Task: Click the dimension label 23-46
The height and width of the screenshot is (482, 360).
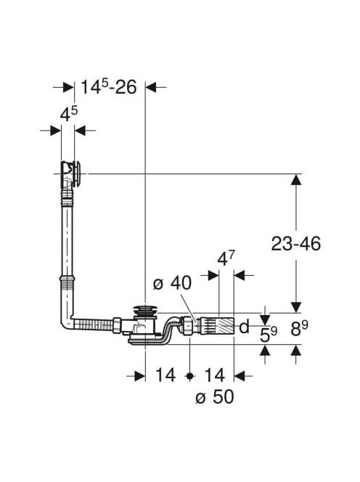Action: tap(295, 244)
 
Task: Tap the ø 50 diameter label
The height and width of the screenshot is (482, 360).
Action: tap(215, 396)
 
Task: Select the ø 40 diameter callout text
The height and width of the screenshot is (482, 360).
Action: tap(172, 282)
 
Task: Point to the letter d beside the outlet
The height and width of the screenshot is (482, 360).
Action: tap(244, 327)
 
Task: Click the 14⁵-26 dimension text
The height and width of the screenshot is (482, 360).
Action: tap(109, 87)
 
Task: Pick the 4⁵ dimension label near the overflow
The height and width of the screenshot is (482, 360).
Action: tap(69, 114)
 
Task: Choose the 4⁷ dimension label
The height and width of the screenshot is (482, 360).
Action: tap(226, 258)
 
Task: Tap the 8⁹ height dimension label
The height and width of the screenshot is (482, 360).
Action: tap(299, 328)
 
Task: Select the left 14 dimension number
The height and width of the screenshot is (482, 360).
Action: tap(165, 375)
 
